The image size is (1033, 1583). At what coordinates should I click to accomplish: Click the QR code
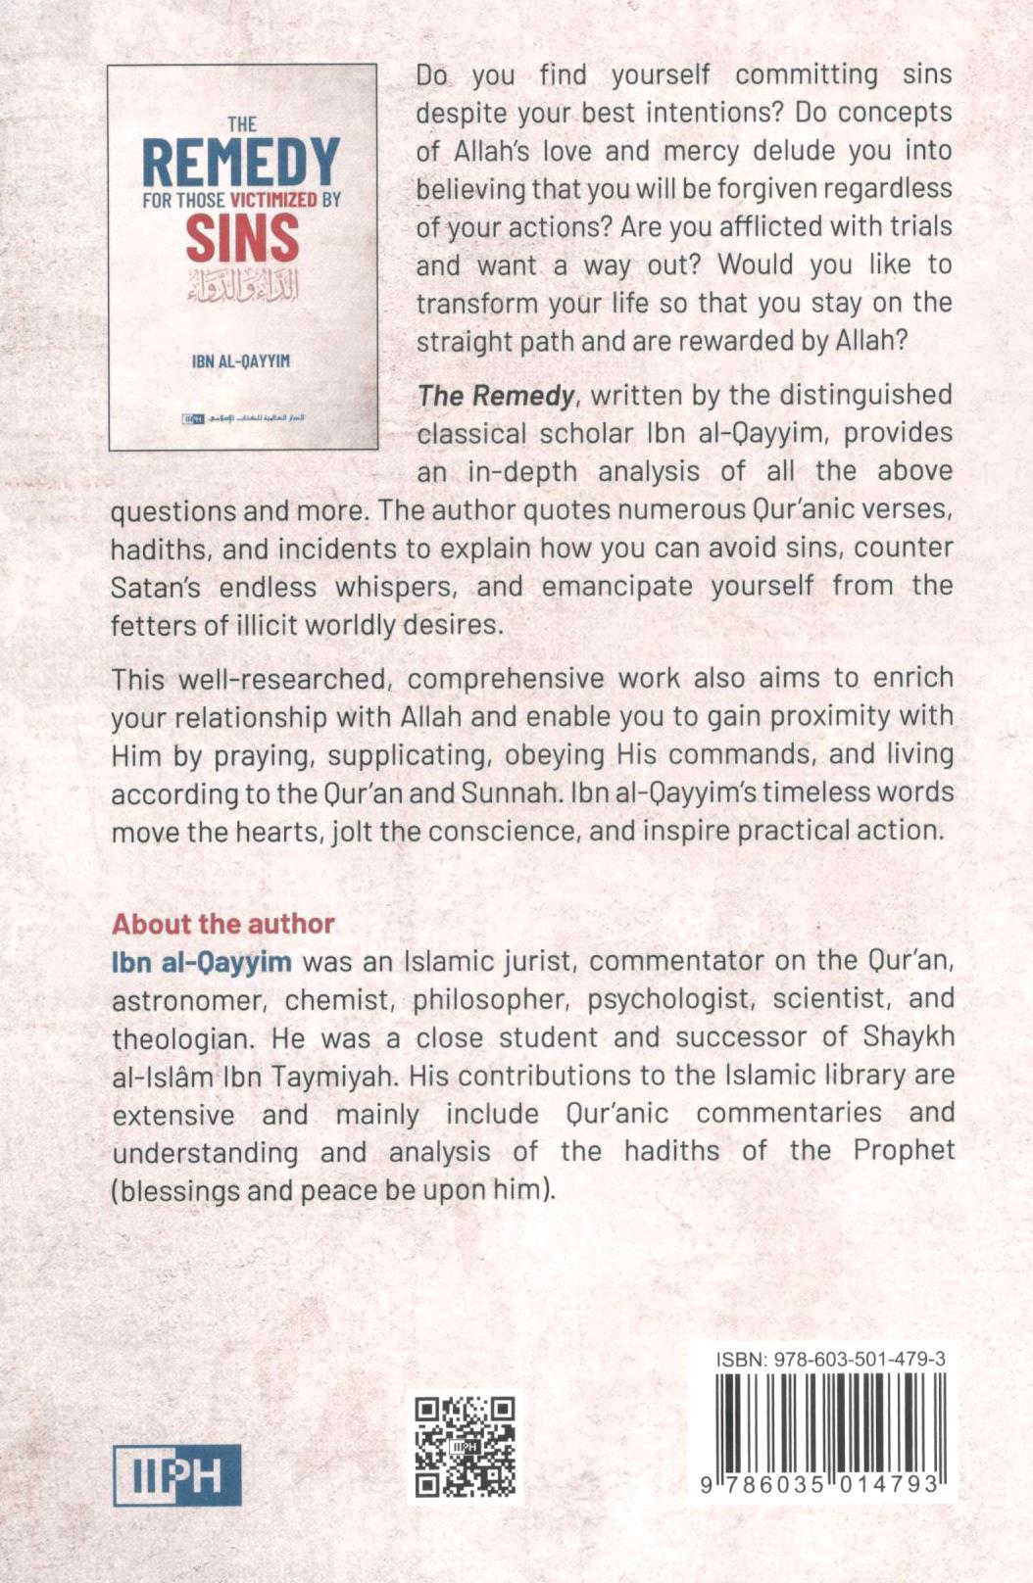466,1447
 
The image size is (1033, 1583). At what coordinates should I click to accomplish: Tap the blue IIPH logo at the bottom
177,1475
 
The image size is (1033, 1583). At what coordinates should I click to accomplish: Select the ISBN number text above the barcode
830,1359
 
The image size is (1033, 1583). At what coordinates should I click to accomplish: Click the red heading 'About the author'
223,924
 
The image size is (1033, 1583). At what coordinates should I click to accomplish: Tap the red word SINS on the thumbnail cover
242,239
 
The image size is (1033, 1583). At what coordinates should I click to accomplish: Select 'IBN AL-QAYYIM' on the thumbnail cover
241,361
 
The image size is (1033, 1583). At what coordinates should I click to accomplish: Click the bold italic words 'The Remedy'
496,395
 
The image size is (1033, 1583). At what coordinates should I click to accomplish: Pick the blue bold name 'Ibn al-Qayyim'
202,962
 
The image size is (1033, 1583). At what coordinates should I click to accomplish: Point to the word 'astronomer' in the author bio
187,1000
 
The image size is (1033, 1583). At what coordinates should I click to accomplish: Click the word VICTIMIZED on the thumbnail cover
274,200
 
